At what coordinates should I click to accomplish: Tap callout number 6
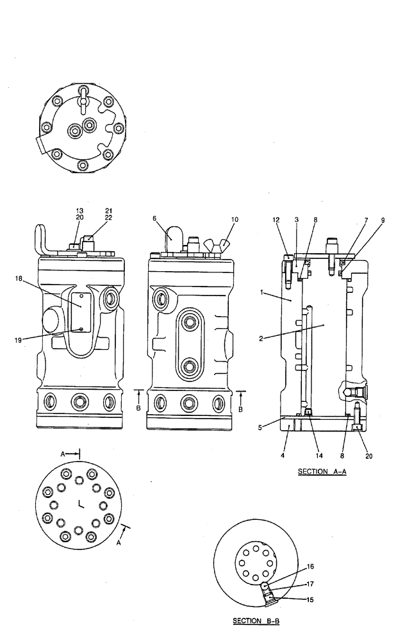click(154, 219)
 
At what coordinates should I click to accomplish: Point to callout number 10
click(235, 219)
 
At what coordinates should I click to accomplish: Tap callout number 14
click(310, 456)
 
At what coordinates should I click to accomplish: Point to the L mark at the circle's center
click(80, 504)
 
